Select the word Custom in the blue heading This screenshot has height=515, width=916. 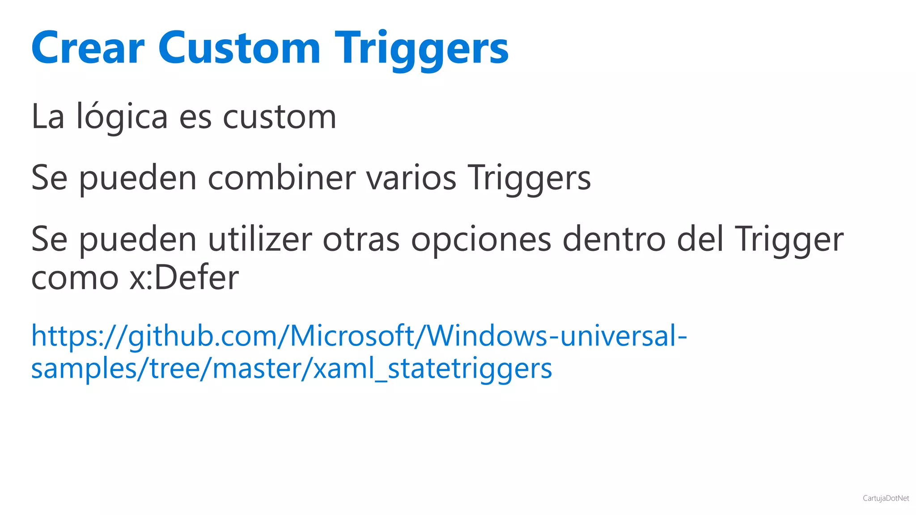[239, 48]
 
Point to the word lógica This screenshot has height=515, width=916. [122, 117]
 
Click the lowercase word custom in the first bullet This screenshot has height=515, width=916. [279, 117]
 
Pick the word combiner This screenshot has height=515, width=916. [281, 178]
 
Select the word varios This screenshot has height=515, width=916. [411, 178]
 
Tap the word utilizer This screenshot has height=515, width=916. [260, 239]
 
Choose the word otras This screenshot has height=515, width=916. [361, 239]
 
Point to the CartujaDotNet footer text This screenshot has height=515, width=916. [886, 498]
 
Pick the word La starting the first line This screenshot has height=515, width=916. [48, 117]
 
